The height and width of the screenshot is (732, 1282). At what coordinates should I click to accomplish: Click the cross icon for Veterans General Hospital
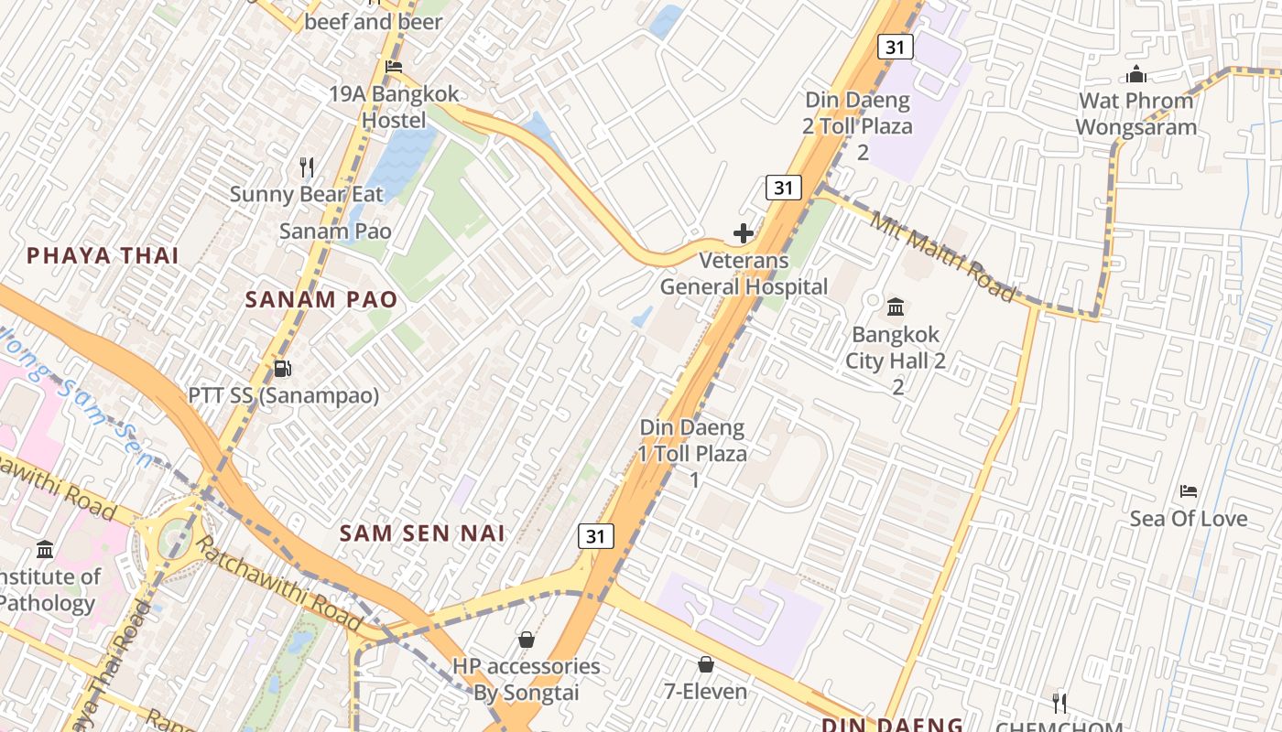744,233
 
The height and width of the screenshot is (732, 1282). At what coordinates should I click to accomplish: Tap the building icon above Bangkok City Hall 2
896,307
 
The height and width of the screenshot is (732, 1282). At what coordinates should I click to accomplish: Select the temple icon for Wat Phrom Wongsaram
1136,74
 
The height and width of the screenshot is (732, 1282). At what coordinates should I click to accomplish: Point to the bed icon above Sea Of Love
1189,491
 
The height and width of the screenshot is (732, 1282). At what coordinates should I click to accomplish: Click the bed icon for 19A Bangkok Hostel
394,66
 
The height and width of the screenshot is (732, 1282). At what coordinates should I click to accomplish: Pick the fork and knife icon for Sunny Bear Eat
307,167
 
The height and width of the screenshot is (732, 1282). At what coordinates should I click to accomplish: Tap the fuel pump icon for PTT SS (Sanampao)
283,369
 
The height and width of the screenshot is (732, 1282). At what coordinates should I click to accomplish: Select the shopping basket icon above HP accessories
527,640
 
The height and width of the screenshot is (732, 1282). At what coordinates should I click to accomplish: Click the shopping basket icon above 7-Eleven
706,664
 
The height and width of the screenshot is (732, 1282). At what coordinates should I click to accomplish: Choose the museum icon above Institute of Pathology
45,550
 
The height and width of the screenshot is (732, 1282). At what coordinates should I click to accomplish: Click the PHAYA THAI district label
103,255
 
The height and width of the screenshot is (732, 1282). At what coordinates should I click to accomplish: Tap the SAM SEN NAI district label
422,533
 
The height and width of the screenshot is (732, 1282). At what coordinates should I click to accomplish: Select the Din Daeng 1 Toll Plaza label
693,440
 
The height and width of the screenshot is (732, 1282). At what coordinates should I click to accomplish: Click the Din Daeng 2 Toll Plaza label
858,113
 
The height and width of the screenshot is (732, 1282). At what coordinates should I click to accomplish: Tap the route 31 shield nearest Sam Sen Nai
595,536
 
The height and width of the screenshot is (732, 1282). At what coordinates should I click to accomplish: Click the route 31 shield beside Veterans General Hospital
783,188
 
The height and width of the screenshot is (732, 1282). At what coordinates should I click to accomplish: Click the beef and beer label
374,21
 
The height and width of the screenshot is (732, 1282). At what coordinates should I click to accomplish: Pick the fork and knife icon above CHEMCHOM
1059,703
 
